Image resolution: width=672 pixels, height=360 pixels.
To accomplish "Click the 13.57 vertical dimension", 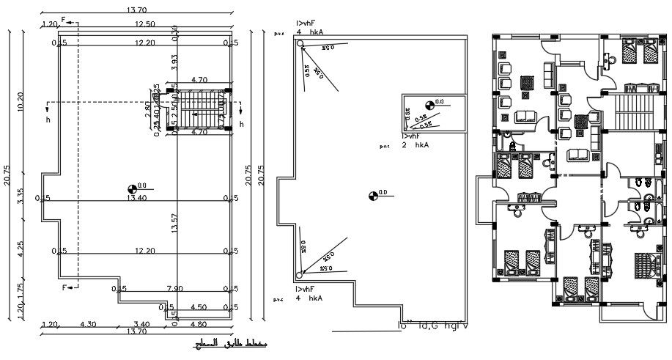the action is coord(174,224).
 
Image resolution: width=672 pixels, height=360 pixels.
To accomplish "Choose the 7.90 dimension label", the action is coord(174,287).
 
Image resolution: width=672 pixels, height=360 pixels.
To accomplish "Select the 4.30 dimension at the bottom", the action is coord(88,323).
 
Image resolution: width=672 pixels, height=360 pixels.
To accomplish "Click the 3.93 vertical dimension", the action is coord(174,63).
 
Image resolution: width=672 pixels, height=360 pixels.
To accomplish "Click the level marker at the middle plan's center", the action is coord(372,194).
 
